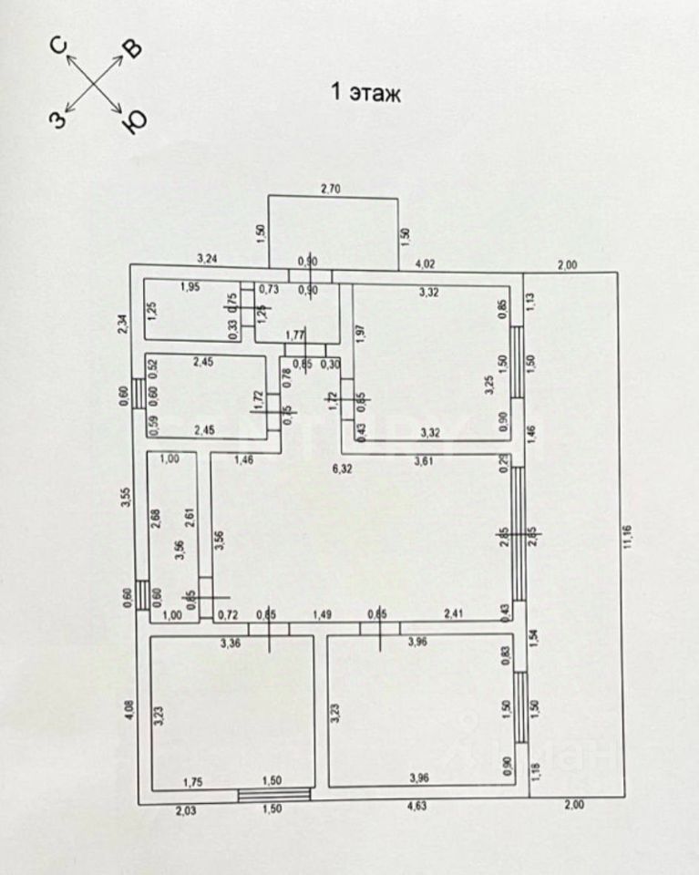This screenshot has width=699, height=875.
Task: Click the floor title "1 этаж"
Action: coord(365,93)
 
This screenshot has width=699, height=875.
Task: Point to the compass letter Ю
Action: coord(134,121)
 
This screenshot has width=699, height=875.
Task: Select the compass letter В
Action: coord(132,49)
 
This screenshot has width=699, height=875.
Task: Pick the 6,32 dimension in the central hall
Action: coord(341,469)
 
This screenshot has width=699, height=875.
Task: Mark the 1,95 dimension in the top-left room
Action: coord(190,287)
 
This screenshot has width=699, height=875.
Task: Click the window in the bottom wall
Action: coord(272,795)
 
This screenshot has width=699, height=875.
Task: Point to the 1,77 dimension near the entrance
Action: coord(293,335)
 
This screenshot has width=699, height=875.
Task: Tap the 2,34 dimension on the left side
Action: coord(128,323)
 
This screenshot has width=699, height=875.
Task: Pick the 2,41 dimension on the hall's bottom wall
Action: coord(454,614)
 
